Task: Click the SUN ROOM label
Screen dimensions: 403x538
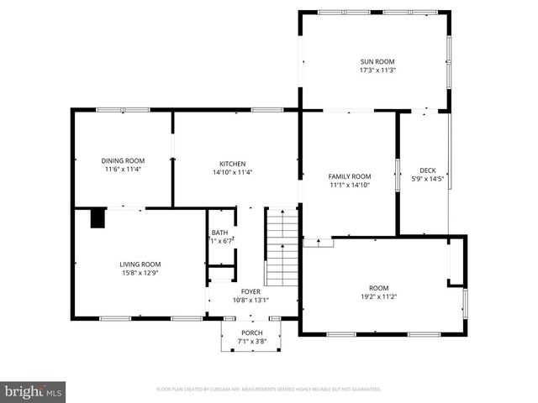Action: (x=377, y=61)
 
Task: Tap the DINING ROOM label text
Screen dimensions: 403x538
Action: (x=123, y=160)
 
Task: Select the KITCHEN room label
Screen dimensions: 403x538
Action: (x=232, y=163)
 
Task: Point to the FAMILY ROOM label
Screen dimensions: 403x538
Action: (x=350, y=176)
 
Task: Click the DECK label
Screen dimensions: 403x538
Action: (x=427, y=170)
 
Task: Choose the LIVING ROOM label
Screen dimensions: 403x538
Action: (x=140, y=264)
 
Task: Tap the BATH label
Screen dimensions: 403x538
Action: (x=219, y=233)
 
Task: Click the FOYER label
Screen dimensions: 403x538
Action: (x=251, y=291)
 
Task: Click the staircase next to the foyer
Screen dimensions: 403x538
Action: (x=282, y=248)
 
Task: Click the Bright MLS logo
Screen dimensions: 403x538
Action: (x=34, y=391)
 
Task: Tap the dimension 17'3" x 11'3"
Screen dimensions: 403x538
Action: (x=377, y=71)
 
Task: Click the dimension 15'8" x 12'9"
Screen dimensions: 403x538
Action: (x=140, y=272)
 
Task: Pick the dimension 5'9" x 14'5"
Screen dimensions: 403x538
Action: (x=427, y=179)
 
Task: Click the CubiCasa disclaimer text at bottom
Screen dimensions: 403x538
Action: (x=269, y=390)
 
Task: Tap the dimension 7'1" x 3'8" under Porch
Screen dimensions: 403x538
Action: (x=251, y=342)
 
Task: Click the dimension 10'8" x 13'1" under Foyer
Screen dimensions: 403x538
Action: (x=251, y=300)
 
